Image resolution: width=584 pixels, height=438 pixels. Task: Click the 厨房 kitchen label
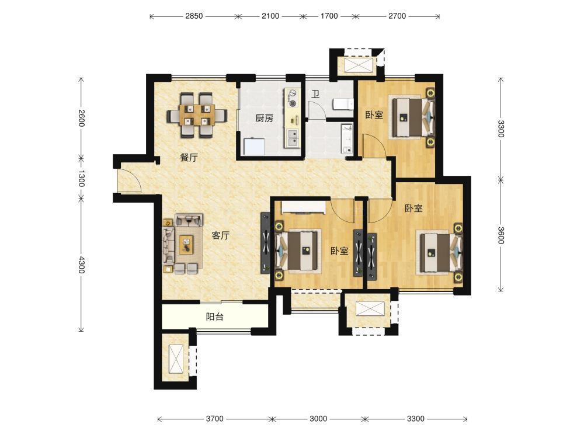pyautogui.click(x=265, y=119)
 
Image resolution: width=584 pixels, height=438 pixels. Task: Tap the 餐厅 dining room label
pyautogui.click(x=189, y=158)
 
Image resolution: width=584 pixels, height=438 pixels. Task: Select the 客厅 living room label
pyautogui.click(x=221, y=235)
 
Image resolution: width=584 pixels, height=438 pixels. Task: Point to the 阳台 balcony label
pyautogui.click(x=215, y=317)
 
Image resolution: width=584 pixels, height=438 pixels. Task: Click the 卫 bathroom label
pyautogui.click(x=315, y=94)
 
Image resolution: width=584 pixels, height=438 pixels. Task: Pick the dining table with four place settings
pyautogui.click(x=197, y=114)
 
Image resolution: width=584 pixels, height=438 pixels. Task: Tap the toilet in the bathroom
pyautogui.click(x=343, y=104)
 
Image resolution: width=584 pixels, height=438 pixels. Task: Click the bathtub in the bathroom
pyautogui.click(x=347, y=139)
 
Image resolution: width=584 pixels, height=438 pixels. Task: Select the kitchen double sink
pyautogui.click(x=293, y=137)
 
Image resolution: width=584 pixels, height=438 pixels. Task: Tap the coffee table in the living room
pyautogui.click(x=187, y=245)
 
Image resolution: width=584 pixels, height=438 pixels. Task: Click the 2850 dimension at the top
pyautogui.click(x=194, y=16)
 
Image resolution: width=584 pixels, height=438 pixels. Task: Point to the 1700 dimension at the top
pyautogui.click(x=329, y=16)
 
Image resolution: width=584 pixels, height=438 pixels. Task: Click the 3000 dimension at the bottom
pyautogui.click(x=318, y=419)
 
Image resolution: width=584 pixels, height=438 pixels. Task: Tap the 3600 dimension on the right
pyautogui.click(x=501, y=235)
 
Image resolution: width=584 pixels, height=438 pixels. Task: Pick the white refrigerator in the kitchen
pyautogui.click(x=255, y=147)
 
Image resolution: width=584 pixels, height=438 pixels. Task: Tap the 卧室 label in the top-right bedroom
pyautogui.click(x=374, y=114)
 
